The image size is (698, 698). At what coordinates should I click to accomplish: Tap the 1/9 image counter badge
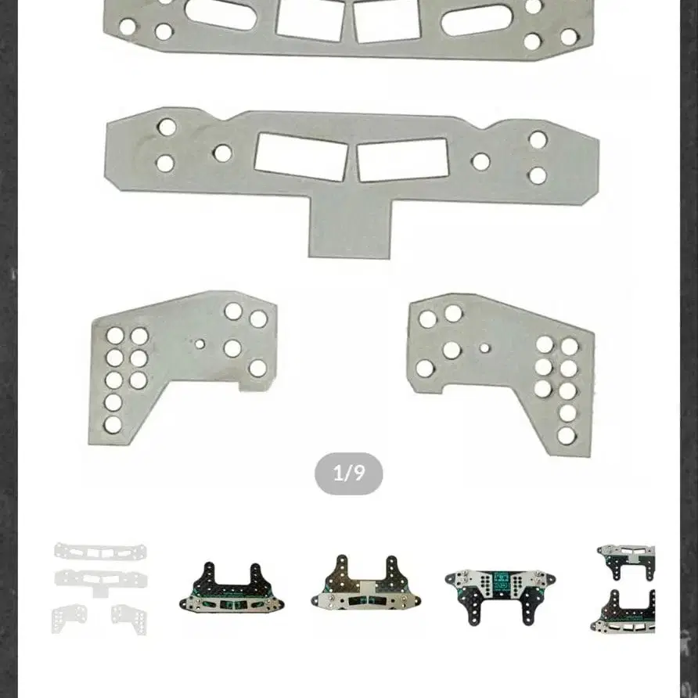[x=348, y=473]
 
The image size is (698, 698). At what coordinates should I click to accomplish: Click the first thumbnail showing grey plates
[x=99, y=588]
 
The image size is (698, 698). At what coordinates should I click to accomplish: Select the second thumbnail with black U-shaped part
[x=232, y=588]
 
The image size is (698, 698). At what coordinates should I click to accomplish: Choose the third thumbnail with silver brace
[x=366, y=583]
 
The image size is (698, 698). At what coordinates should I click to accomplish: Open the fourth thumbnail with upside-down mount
[x=500, y=596]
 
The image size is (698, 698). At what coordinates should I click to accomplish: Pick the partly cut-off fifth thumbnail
[x=623, y=588]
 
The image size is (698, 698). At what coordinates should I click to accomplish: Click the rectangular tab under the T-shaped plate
[x=350, y=228]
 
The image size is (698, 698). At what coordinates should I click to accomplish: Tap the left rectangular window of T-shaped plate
[x=300, y=157]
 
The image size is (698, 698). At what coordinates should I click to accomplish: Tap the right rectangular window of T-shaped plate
[x=402, y=160]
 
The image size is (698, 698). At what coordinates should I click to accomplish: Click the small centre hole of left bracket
[x=200, y=344]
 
